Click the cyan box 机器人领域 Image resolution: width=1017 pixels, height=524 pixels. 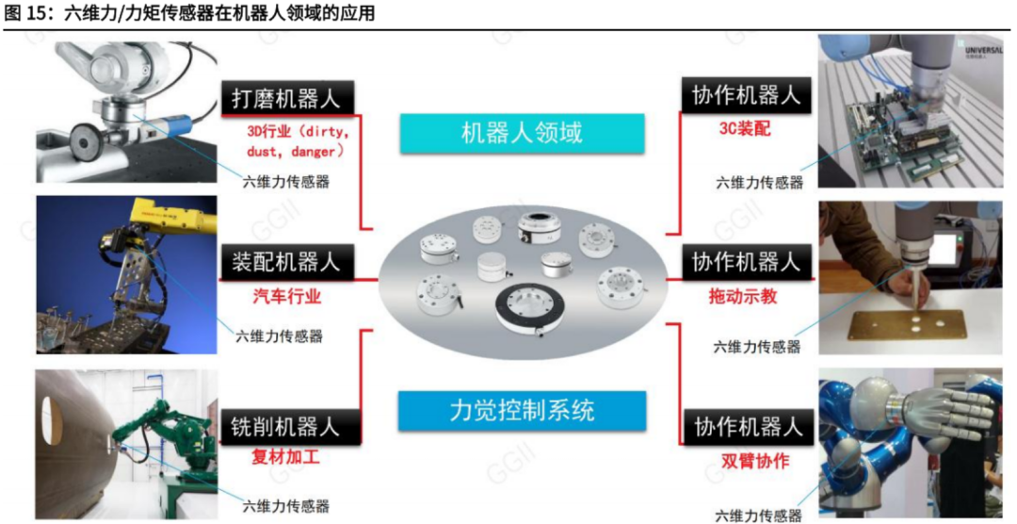521,133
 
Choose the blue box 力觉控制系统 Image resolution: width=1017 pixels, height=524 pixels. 521,410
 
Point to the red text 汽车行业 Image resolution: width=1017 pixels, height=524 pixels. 287,297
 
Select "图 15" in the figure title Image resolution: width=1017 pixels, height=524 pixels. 23,12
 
